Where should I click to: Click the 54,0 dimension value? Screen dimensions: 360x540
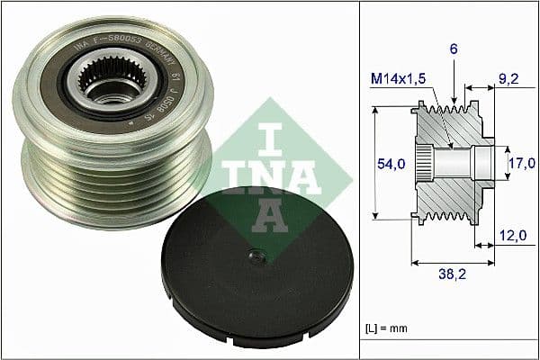(x=390, y=163)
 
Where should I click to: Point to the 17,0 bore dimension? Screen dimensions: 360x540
(x=520, y=163)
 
